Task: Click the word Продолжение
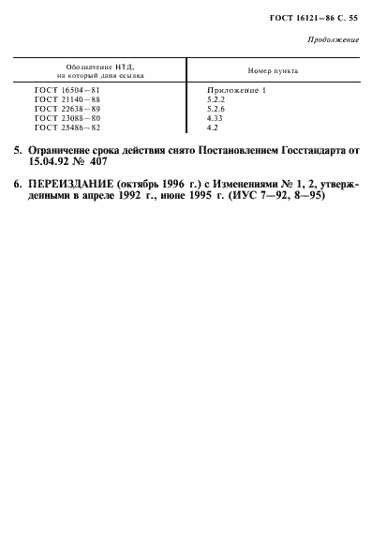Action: (333, 39)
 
